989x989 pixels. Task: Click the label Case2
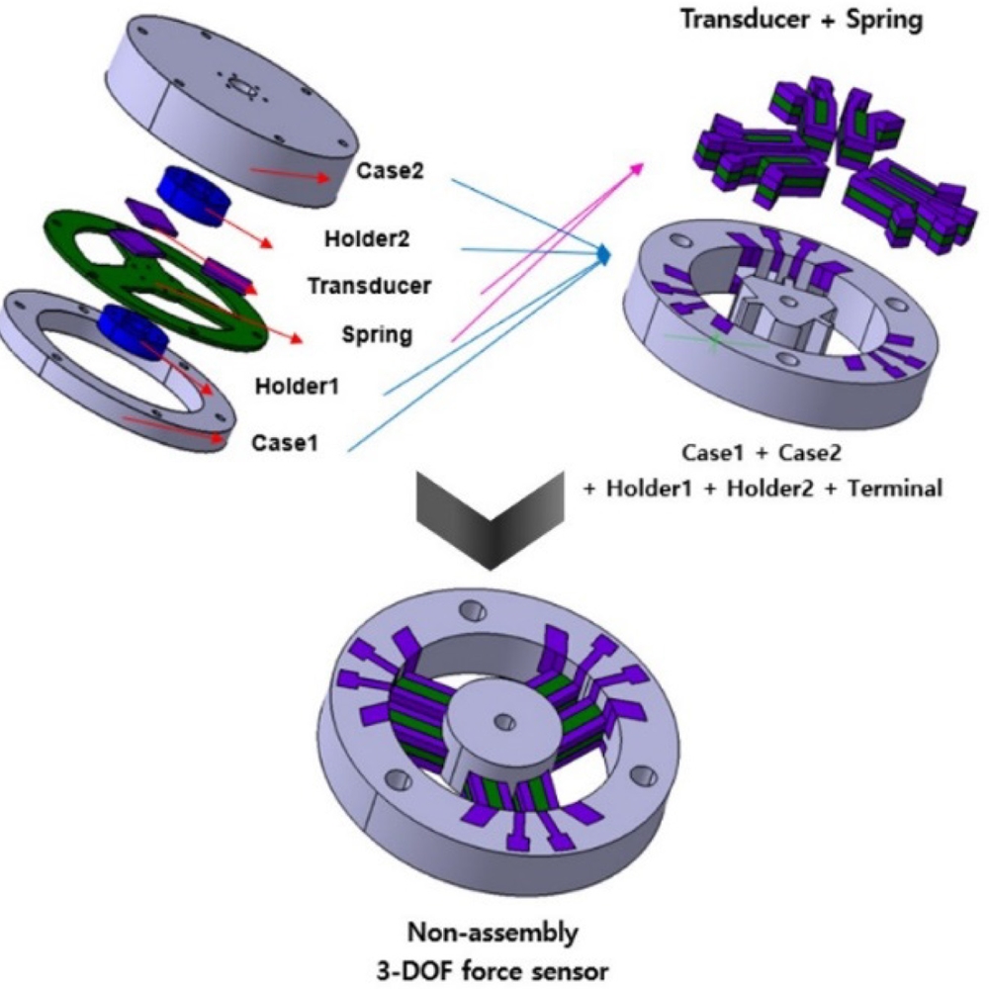click(394, 170)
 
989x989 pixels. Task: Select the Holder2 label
click(366, 238)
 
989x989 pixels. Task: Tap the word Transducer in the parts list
click(369, 286)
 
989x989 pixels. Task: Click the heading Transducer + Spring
click(801, 20)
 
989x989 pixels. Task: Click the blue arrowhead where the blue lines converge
click(602, 255)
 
